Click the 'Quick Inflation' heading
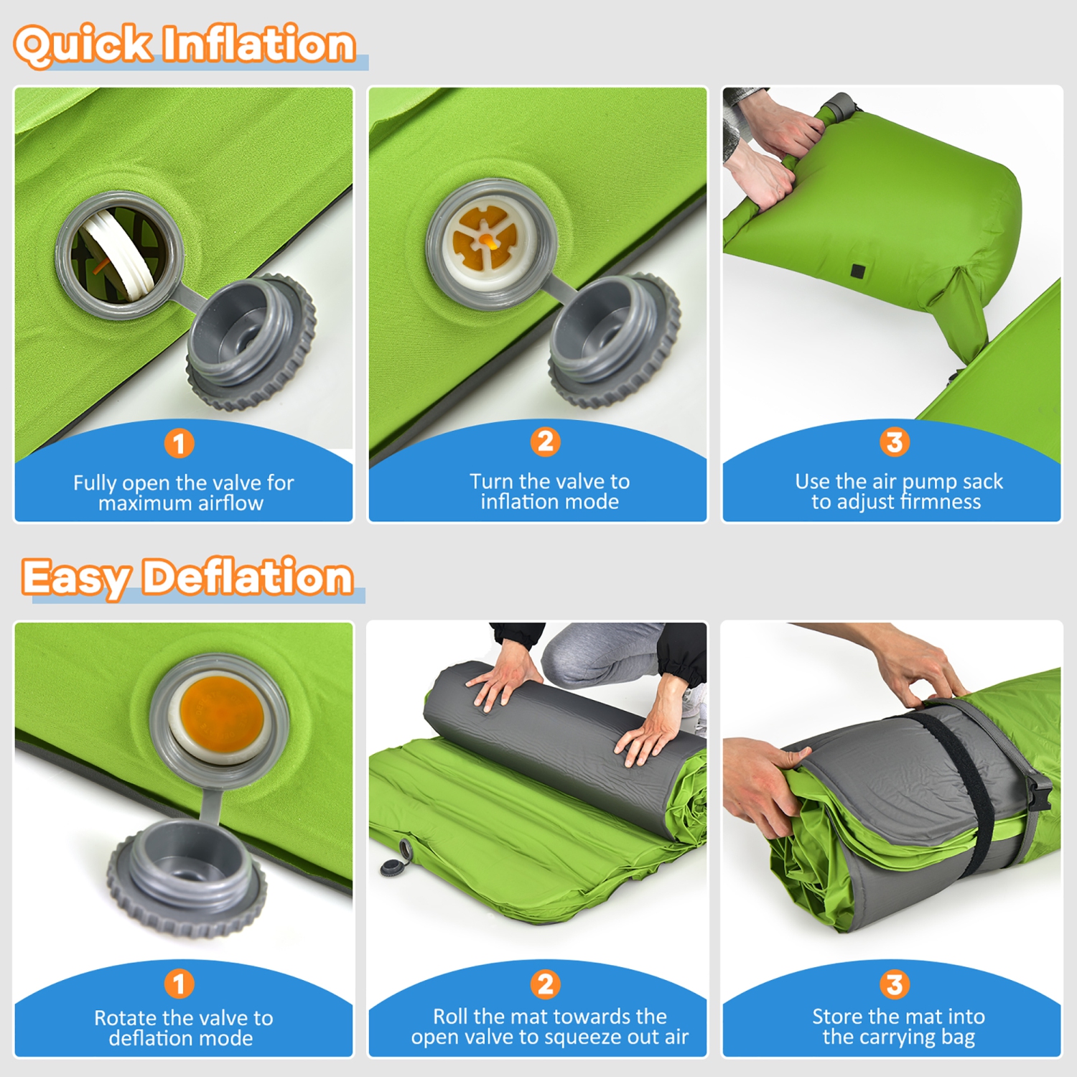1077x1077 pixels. (x=185, y=45)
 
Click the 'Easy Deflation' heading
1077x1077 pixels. (x=187, y=577)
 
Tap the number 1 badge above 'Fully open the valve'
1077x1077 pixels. (x=179, y=443)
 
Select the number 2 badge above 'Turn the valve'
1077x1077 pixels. (x=546, y=442)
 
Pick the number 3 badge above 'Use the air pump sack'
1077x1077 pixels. (x=895, y=442)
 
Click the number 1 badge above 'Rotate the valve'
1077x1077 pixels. (x=179, y=984)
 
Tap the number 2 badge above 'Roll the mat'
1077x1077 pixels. (x=546, y=984)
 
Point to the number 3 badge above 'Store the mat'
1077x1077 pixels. (x=895, y=984)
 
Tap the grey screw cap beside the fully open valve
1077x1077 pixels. (x=251, y=341)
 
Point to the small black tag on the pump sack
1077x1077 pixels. (x=858, y=271)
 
